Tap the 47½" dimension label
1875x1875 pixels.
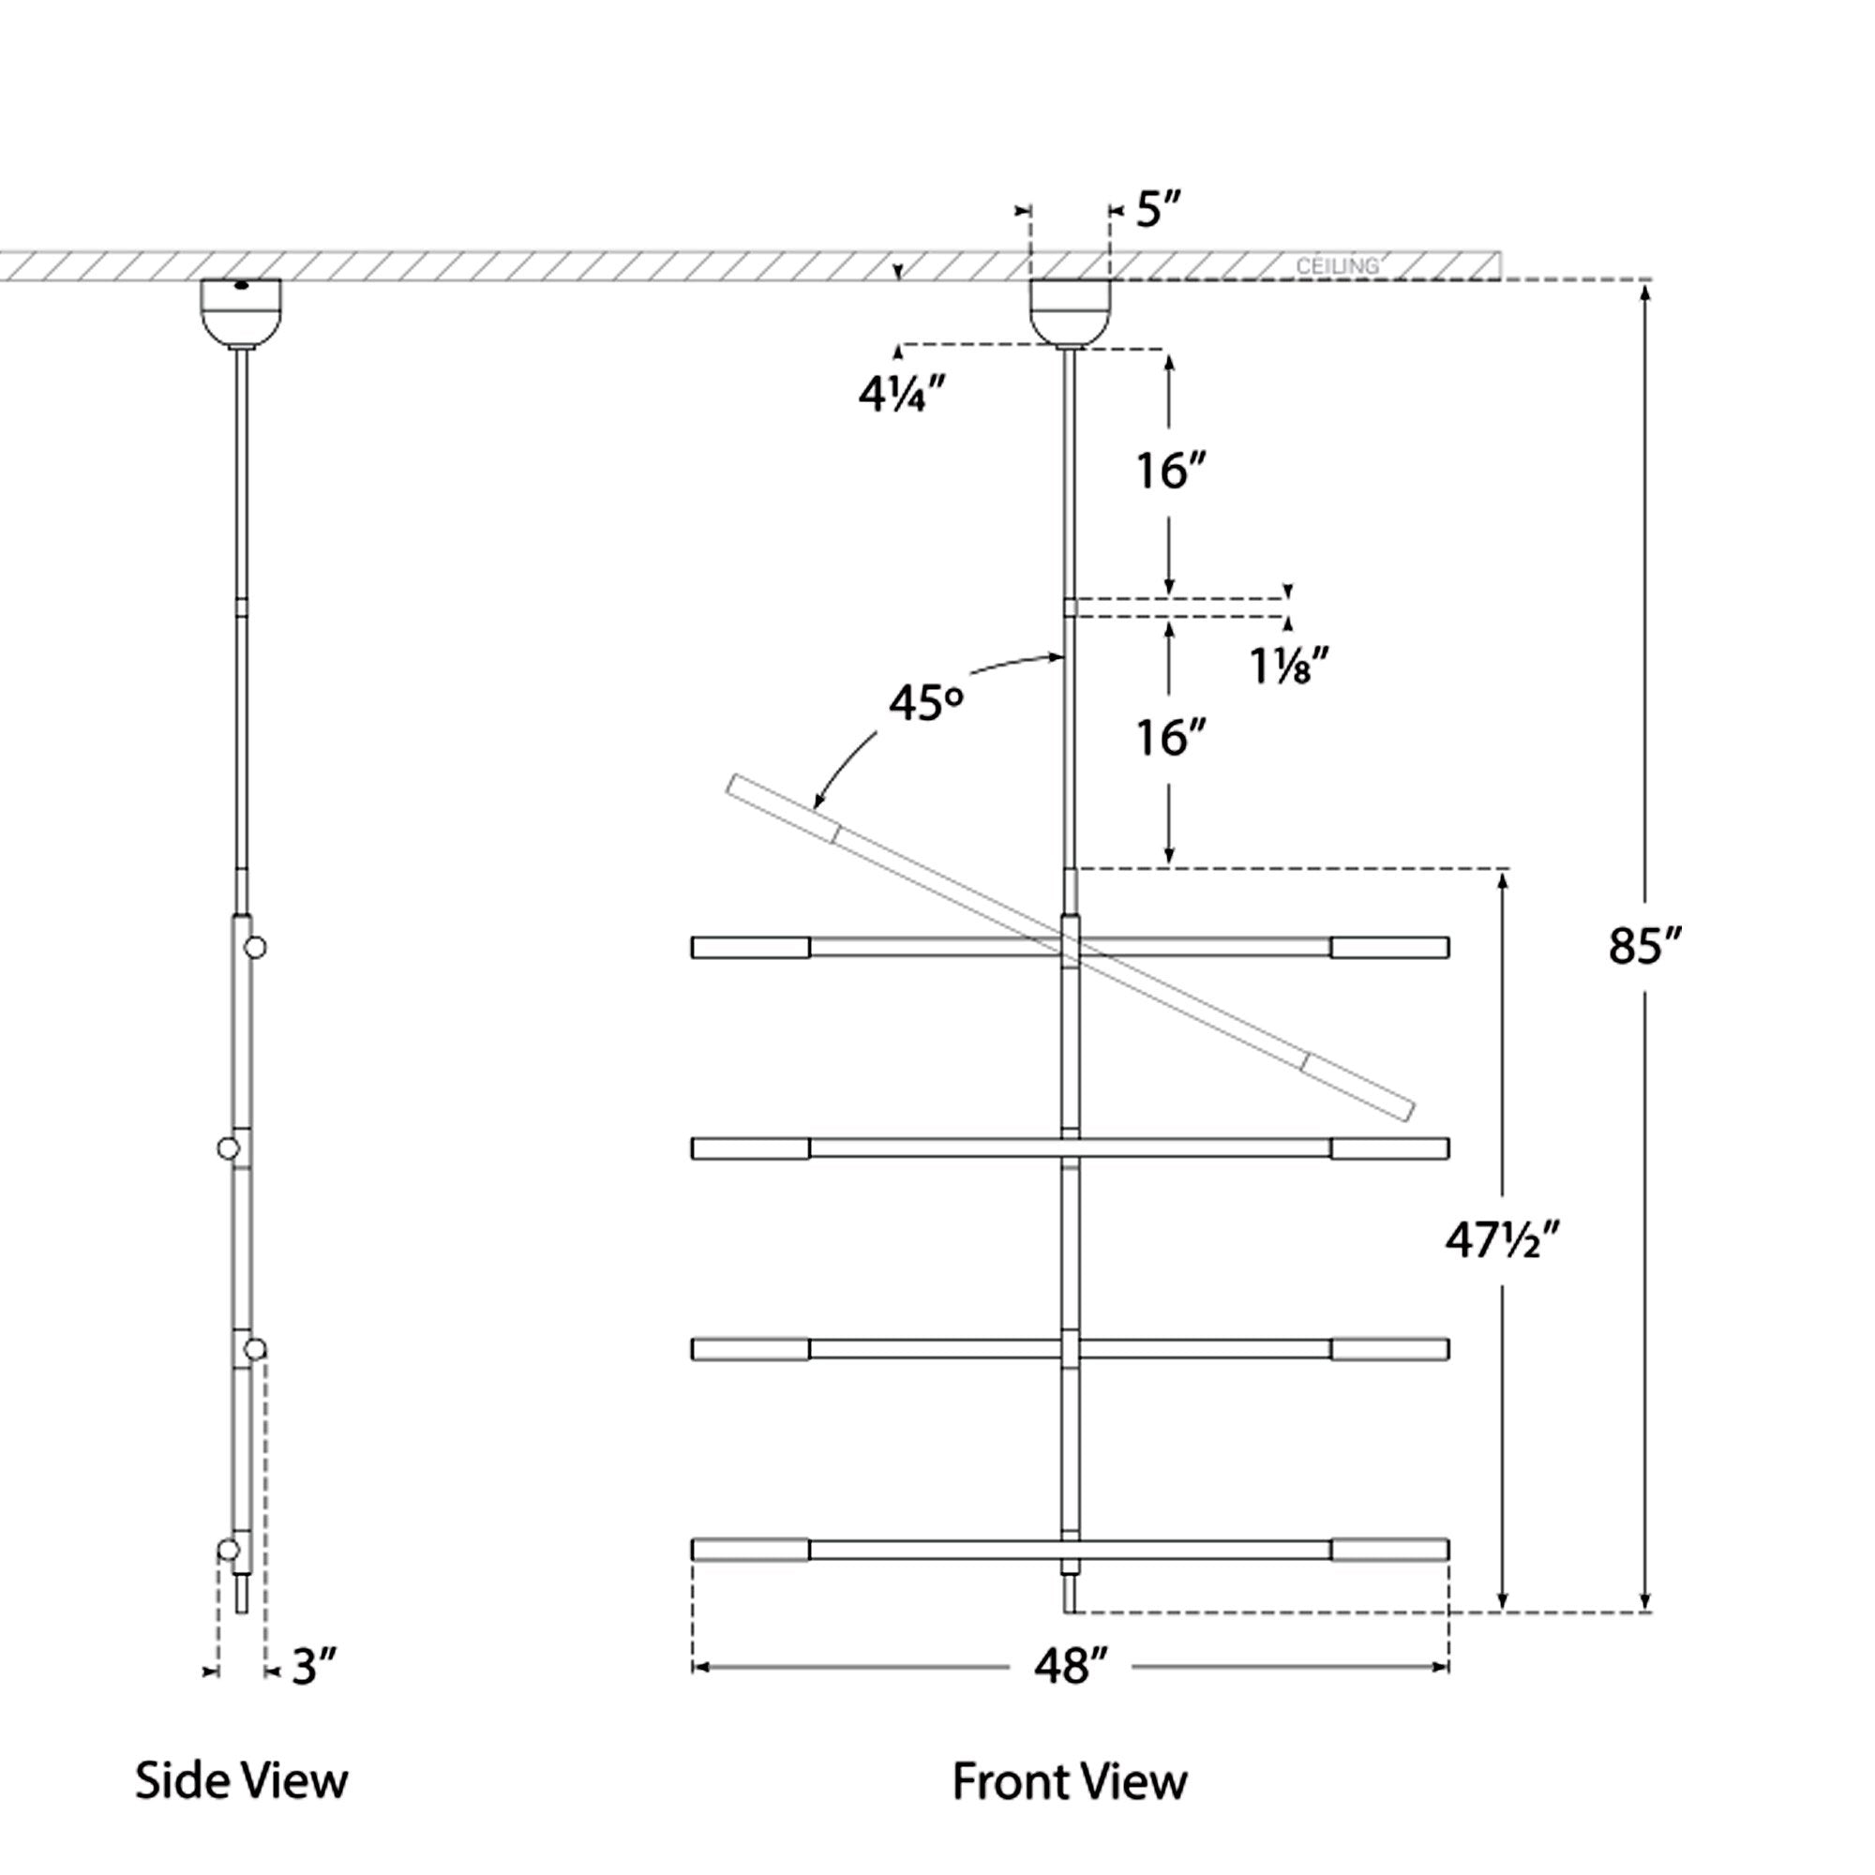pyautogui.click(x=1502, y=1240)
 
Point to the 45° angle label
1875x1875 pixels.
pyautogui.click(x=926, y=704)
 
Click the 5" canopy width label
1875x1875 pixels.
pyautogui.click(x=1159, y=210)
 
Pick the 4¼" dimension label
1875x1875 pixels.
pyautogui.click(x=902, y=395)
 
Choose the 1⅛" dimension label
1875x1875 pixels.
pyautogui.click(x=1288, y=667)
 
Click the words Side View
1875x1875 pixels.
pyautogui.click(x=241, y=1782)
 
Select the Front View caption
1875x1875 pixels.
pyautogui.click(x=1070, y=1782)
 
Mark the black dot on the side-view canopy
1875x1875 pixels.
pyautogui.click(x=241, y=285)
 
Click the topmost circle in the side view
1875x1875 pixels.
pyautogui.click(x=255, y=947)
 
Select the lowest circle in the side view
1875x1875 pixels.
pyautogui.click(x=228, y=1550)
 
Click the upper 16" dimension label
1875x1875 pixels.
pyautogui.click(x=1170, y=472)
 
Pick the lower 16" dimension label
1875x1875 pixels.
pyautogui.click(x=1170, y=739)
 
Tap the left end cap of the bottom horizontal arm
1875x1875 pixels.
pyautogui.click(x=750, y=1550)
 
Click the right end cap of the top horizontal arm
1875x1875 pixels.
pyautogui.click(x=1389, y=947)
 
